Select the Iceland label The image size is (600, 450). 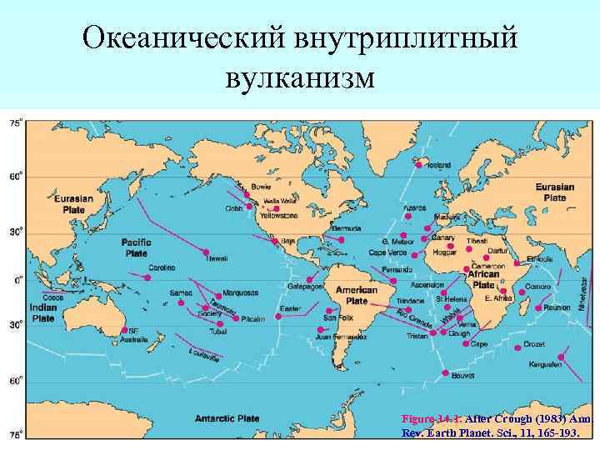(x=438, y=165)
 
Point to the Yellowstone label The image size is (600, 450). (x=278, y=216)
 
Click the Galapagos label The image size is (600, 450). (x=306, y=287)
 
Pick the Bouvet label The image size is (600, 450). (x=461, y=376)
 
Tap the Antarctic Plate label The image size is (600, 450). (x=229, y=416)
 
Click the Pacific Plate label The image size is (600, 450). (x=136, y=247)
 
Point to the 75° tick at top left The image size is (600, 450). (x=15, y=123)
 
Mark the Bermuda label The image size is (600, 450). (x=344, y=227)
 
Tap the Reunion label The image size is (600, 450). (x=557, y=307)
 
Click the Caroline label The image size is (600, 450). (x=162, y=267)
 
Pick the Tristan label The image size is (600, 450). (x=417, y=336)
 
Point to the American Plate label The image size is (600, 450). (x=357, y=296)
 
